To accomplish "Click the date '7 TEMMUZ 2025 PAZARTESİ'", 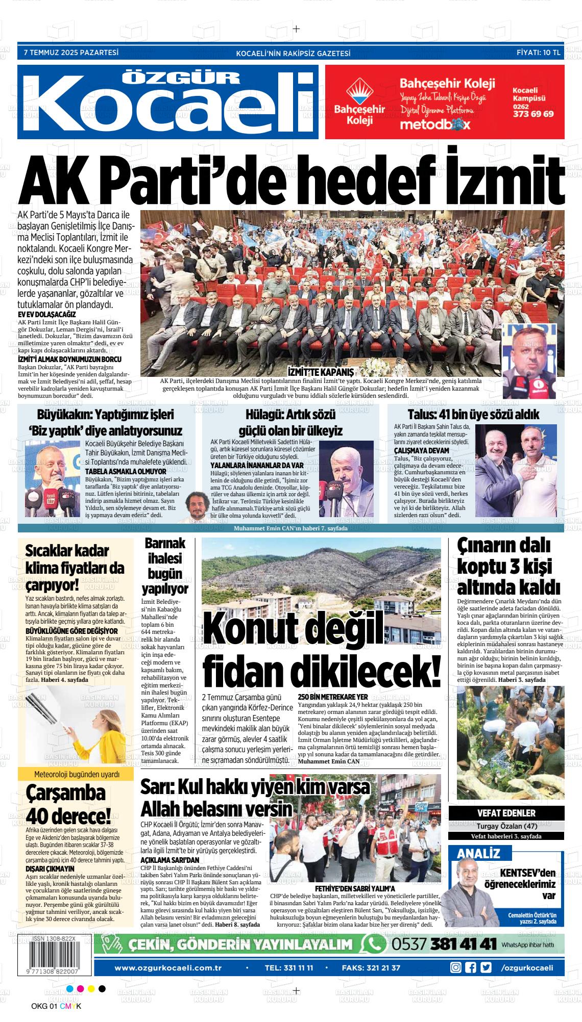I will coord(71,52).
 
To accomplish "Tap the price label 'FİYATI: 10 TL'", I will coord(538,53).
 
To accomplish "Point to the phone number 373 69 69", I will coord(533,114).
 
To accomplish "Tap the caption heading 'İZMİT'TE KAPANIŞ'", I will coord(321,371).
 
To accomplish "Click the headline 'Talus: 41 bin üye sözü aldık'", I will coord(473,415).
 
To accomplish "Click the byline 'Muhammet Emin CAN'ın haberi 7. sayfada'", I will coord(290,528).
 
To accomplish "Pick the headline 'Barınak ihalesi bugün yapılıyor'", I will coord(164,566).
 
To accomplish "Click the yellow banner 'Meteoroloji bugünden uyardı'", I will coord(76,775).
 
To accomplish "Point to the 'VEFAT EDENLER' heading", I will coord(506,813).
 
